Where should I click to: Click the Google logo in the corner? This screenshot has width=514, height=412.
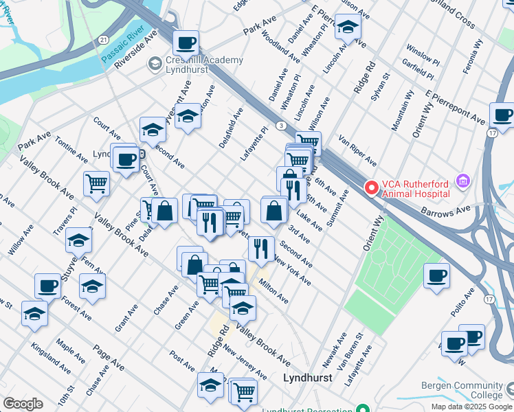(x=23, y=404)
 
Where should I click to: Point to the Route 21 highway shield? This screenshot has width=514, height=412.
(x=102, y=41)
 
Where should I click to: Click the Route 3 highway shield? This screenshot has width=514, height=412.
(x=281, y=125)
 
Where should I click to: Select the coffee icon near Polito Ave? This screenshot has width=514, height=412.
(x=436, y=277)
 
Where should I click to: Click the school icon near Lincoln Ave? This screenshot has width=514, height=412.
(x=348, y=28)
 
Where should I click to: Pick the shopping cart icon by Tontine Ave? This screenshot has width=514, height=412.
(x=96, y=183)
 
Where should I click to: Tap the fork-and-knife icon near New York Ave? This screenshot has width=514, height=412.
(x=260, y=249)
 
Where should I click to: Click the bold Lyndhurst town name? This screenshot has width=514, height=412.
(x=308, y=378)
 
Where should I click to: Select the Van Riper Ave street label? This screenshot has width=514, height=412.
(x=357, y=150)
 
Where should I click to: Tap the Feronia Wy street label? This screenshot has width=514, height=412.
(x=475, y=52)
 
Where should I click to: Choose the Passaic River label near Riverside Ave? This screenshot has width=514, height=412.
(x=127, y=44)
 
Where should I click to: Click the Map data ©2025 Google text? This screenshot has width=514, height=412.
(x=471, y=406)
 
